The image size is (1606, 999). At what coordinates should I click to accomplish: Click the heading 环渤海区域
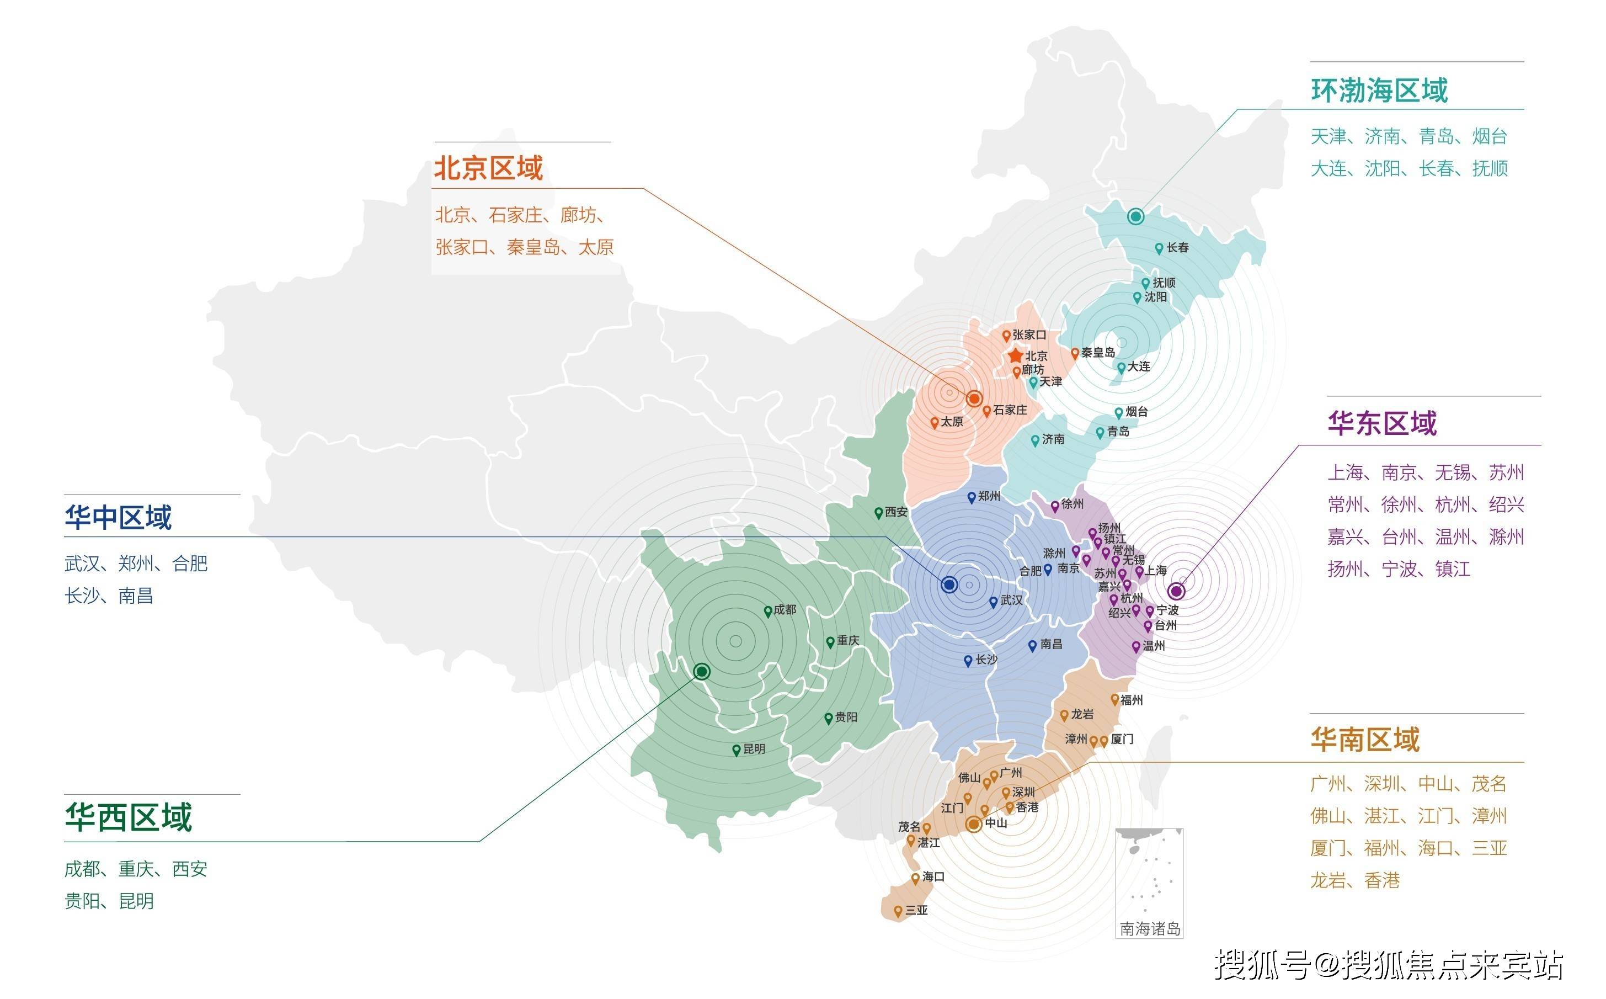(1379, 91)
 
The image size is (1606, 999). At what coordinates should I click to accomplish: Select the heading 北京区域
(489, 168)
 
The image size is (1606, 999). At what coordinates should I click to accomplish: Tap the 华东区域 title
(1382, 423)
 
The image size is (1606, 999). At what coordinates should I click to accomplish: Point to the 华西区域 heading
(128, 817)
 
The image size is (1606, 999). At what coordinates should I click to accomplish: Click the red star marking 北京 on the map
(1016, 356)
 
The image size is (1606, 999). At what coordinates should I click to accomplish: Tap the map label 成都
(785, 610)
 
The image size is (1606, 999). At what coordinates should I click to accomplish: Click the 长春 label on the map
(1177, 248)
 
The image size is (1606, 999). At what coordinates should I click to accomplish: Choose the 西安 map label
(896, 512)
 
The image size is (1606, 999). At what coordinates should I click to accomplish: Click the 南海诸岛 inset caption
(1150, 929)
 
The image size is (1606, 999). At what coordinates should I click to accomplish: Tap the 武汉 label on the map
(1011, 600)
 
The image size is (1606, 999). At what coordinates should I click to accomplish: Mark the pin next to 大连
(1121, 368)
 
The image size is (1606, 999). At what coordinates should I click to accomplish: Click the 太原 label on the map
(952, 422)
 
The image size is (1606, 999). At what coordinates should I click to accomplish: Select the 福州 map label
(1131, 700)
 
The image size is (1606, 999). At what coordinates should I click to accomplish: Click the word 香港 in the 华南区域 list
(1382, 881)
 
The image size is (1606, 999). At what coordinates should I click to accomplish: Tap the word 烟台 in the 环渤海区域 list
(1490, 137)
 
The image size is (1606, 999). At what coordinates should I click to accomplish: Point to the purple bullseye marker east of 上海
(1176, 591)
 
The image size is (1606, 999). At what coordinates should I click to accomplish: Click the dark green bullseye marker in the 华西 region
(702, 671)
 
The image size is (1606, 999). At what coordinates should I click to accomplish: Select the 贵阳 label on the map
(846, 717)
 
